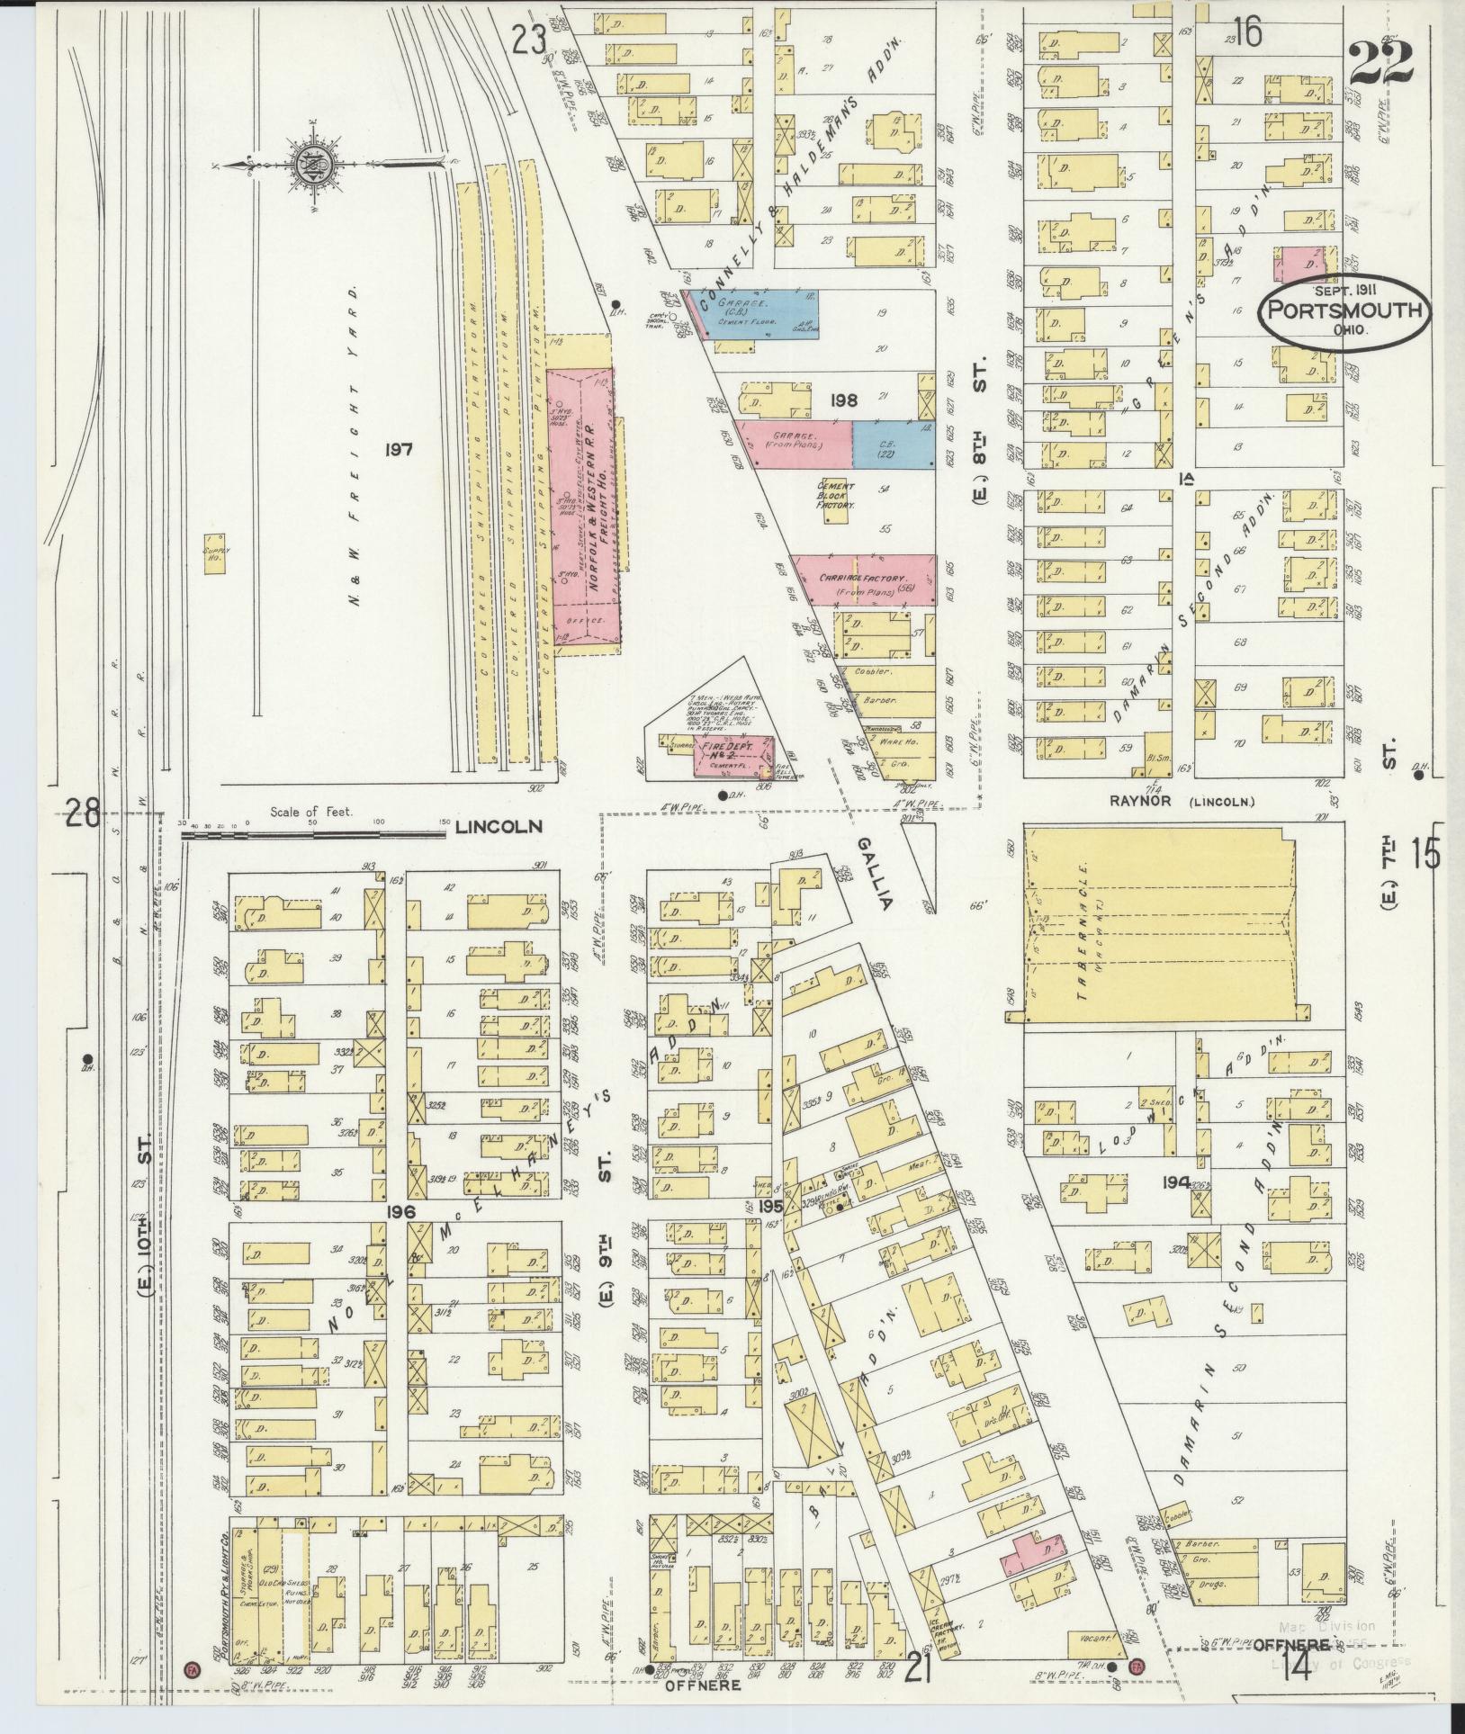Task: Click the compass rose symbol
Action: [x=306, y=166]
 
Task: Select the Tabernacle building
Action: [x=1161, y=925]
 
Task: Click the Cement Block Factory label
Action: [x=835, y=496]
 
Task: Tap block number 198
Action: [x=843, y=400]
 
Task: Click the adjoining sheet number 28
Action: [x=82, y=816]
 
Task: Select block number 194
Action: [x=1175, y=1181]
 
